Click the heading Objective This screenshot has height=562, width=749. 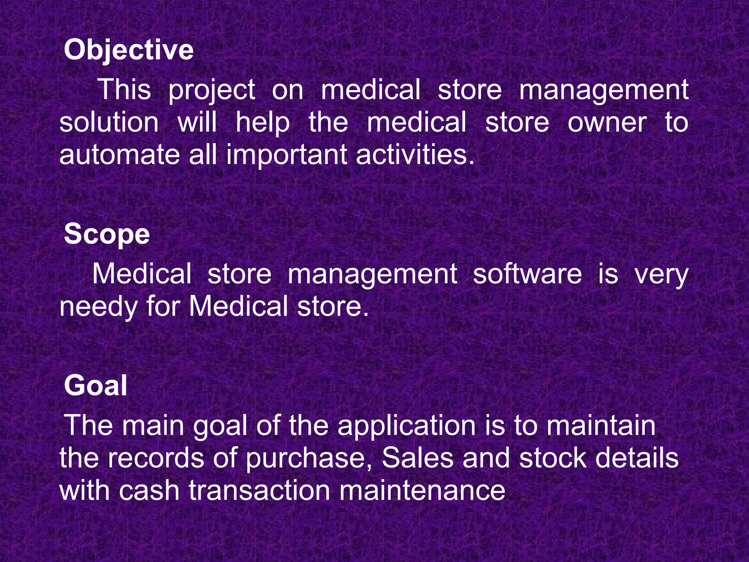128,50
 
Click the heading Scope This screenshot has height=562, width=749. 107,234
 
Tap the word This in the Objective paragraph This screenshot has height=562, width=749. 124,90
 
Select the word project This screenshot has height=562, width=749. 211,91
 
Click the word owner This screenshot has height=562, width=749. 607,123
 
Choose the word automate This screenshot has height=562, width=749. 120,155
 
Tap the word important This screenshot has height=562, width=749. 287,155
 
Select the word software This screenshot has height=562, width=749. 527,274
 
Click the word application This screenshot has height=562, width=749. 406,426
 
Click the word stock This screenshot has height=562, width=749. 553,458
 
